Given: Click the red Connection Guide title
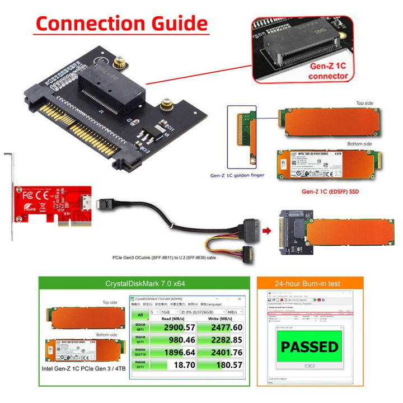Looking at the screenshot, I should [x=121, y=24].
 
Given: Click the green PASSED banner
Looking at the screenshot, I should [x=309, y=346].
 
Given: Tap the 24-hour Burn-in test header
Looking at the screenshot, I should [x=310, y=284].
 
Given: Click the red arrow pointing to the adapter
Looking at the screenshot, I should [x=267, y=229].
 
